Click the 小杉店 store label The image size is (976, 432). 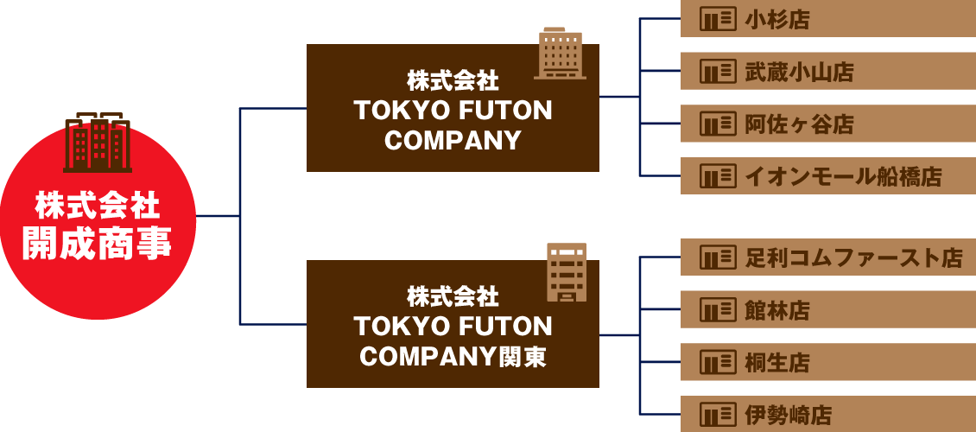click(x=777, y=20)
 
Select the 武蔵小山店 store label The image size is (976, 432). click(x=799, y=73)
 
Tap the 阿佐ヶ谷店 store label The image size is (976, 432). click(x=799, y=125)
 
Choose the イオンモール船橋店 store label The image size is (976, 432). click(x=842, y=178)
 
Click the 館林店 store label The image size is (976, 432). click(x=777, y=310)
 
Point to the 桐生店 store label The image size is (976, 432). click(x=777, y=363)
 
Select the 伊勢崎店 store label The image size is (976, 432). click(x=788, y=416)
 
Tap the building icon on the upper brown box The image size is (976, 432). click(x=560, y=53)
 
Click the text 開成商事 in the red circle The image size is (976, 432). click(x=98, y=244)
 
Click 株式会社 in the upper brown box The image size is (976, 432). click(x=453, y=81)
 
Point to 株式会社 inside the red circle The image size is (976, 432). click(x=98, y=206)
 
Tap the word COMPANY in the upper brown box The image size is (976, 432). click(x=453, y=141)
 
